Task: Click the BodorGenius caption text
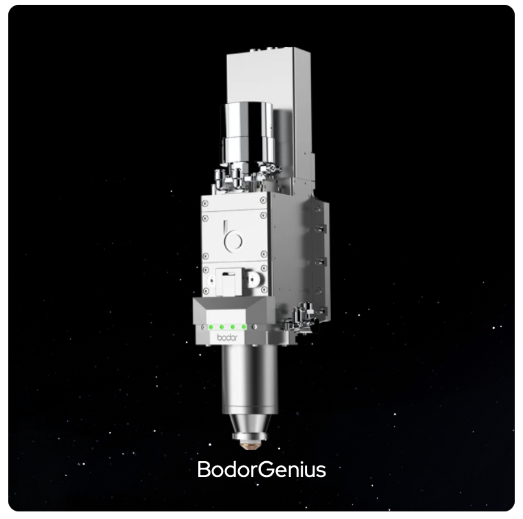pos(261,469)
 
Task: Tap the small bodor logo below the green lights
pos(227,337)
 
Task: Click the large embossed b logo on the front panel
pos(233,237)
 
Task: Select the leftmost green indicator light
pos(211,327)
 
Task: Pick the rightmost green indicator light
pos(244,327)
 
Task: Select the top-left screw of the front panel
pos(205,204)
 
